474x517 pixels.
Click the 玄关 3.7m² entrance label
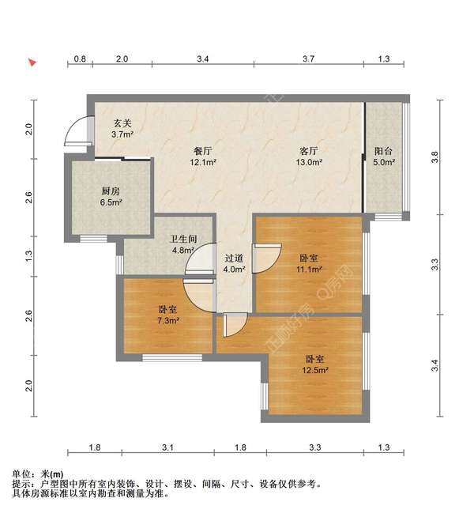(x=122, y=129)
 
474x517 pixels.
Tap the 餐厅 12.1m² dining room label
(x=202, y=156)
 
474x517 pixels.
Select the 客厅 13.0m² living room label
(x=308, y=156)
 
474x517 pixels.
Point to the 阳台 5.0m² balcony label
(x=384, y=156)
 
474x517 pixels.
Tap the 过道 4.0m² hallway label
(x=233, y=263)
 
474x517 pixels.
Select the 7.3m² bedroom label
(x=167, y=315)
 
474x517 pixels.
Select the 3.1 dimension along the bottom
(x=167, y=448)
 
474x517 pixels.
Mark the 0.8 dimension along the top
(x=81, y=59)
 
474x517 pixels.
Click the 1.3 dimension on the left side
(x=29, y=255)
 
